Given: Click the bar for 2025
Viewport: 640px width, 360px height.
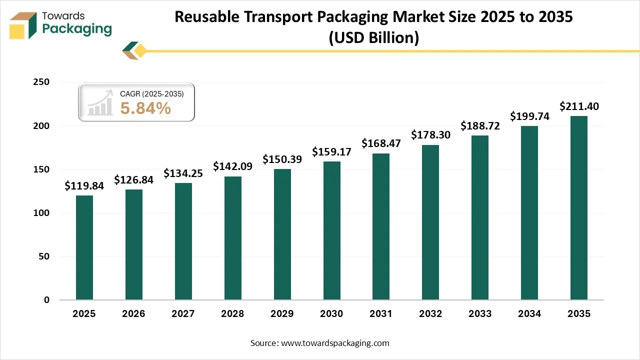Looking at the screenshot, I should [x=84, y=247].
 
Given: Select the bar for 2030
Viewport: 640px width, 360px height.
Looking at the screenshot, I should [x=331, y=230].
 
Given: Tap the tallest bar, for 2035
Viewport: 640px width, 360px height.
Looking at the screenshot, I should [x=579, y=208].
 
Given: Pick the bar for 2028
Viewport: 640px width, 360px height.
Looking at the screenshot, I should [x=232, y=238].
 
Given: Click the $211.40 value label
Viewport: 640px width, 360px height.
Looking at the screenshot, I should [x=579, y=106].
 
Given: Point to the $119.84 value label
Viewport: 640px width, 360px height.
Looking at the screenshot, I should [x=84, y=186].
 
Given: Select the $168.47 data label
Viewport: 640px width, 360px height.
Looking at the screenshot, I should [x=381, y=144].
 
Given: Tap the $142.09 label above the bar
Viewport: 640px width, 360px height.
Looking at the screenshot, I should [x=232, y=166].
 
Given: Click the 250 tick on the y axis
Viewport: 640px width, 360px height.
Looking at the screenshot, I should [x=41, y=82].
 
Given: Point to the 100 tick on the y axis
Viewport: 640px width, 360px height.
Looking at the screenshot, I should [x=41, y=213].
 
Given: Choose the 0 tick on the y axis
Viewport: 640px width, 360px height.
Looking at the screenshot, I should [x=46, y=300].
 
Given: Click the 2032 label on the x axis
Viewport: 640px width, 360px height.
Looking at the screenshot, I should [x=430, y=314].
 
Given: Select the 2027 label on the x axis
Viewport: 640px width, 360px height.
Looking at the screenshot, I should [x=183, y=314].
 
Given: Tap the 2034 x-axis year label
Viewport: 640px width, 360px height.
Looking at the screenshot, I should [x=529, y=314].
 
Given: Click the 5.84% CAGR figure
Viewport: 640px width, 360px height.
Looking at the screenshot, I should [x=145, y=108].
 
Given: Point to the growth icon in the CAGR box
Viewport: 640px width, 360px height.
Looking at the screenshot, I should [x=100, y=103].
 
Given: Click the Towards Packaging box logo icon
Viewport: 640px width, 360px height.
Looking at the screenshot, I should [x=23, y=25].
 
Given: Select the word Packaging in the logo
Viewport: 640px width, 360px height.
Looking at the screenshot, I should [x=77, y=29].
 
